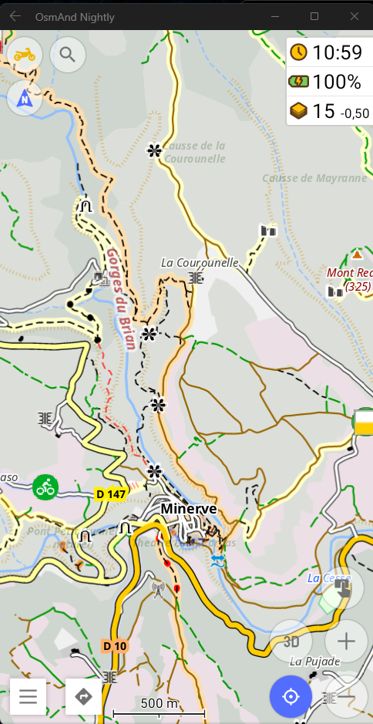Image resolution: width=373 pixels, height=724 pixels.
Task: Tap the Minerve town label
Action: [189, 509]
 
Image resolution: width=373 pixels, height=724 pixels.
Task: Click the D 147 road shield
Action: [110, 493]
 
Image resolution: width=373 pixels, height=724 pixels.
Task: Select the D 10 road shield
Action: [114, 645]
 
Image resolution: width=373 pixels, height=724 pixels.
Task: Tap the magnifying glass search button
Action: [68, 54]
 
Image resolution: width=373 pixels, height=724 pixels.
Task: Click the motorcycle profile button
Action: [25, 54]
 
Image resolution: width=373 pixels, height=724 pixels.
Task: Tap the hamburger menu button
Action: [29, 696]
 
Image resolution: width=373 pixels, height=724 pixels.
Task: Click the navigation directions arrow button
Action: [83, 696]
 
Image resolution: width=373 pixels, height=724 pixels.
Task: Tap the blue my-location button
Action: [291, 696]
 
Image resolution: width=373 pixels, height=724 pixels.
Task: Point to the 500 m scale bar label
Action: [159, 703]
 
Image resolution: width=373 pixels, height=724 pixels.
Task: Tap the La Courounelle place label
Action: [200, 263]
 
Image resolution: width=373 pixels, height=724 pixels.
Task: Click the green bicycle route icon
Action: [46, 487]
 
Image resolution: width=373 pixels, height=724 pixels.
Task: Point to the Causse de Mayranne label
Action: [314, 178]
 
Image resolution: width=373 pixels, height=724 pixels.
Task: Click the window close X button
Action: [354, 16]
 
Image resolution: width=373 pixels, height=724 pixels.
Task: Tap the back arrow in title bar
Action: [15, 16]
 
